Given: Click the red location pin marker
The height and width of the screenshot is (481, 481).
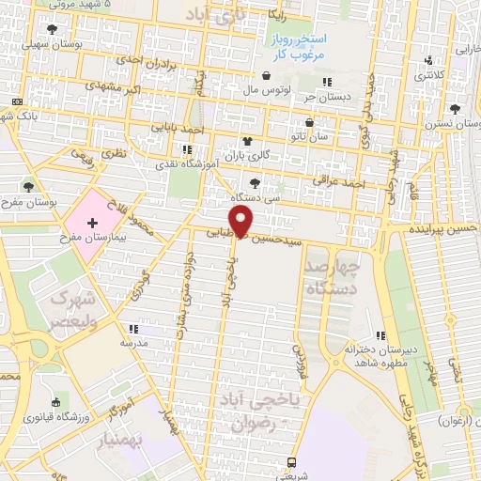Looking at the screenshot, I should point(243,222).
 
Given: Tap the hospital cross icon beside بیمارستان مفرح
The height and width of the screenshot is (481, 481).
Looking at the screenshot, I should point(92,223).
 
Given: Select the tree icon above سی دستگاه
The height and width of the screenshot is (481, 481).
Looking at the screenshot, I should point(254,183).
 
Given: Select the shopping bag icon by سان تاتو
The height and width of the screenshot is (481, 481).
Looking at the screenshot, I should point(310,122).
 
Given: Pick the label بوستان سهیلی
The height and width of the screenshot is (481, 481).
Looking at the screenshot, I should point(48,44).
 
